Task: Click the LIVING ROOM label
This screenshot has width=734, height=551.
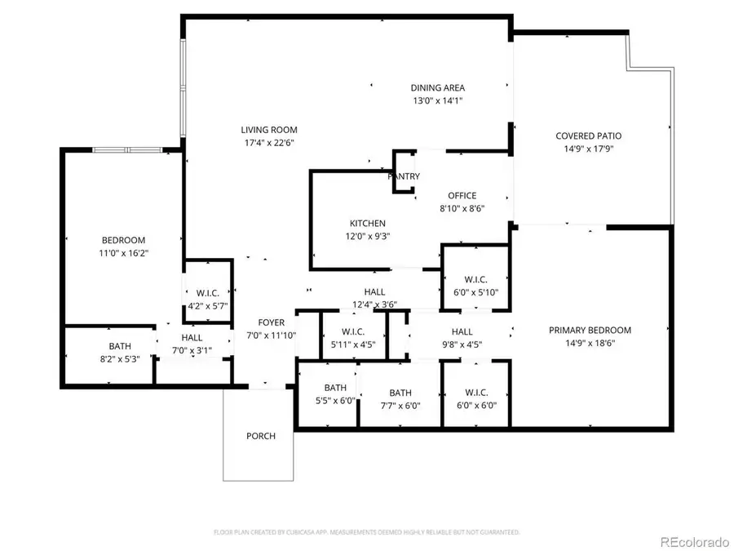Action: [268, 130]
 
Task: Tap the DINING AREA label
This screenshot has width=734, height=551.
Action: [437, 88]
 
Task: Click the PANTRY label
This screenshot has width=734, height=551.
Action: [404, 176]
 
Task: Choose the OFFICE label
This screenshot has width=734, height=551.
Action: [462, 195]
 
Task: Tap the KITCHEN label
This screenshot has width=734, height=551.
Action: [367, 223]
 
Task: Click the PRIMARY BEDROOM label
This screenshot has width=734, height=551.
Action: [590, 330]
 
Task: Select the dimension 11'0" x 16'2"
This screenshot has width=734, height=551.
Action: [123, 253]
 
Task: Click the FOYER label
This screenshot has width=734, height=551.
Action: [272, 322]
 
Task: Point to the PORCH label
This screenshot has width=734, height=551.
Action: [261, 435]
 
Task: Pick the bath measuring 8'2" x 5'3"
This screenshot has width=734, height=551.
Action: [120, 353]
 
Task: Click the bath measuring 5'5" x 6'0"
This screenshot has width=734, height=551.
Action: [335, 394]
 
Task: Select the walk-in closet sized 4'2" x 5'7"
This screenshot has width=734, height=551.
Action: [207, 300]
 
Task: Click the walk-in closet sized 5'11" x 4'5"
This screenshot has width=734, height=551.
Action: [352, 337]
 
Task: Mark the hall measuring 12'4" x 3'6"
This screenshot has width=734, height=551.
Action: [374, 298]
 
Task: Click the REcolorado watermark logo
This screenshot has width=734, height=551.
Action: [695, 540]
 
